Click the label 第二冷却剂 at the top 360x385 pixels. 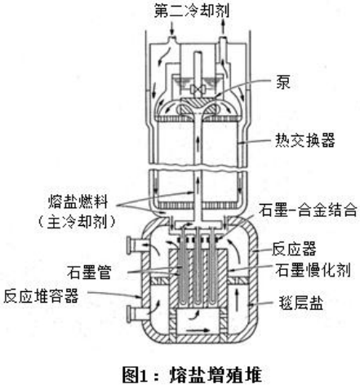[192, 11]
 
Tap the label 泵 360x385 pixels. [283, 82]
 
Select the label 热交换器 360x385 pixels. [304, 140]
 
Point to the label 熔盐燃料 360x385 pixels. [78, 201]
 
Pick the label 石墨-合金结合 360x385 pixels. [308, 210]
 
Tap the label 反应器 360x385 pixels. [294, 249]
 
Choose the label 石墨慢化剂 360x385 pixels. [313, 269]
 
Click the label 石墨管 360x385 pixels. [90, 272]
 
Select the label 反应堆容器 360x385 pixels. [42, 296]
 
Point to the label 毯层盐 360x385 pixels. [301, 303]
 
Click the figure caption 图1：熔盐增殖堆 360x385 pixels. [192, 374]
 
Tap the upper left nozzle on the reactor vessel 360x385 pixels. [134, 246]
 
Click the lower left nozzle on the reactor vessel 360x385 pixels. [134, 313]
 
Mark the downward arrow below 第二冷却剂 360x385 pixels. [171, 29]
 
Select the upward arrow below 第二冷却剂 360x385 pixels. [223, 27]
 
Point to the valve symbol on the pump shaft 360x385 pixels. [198, 89]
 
